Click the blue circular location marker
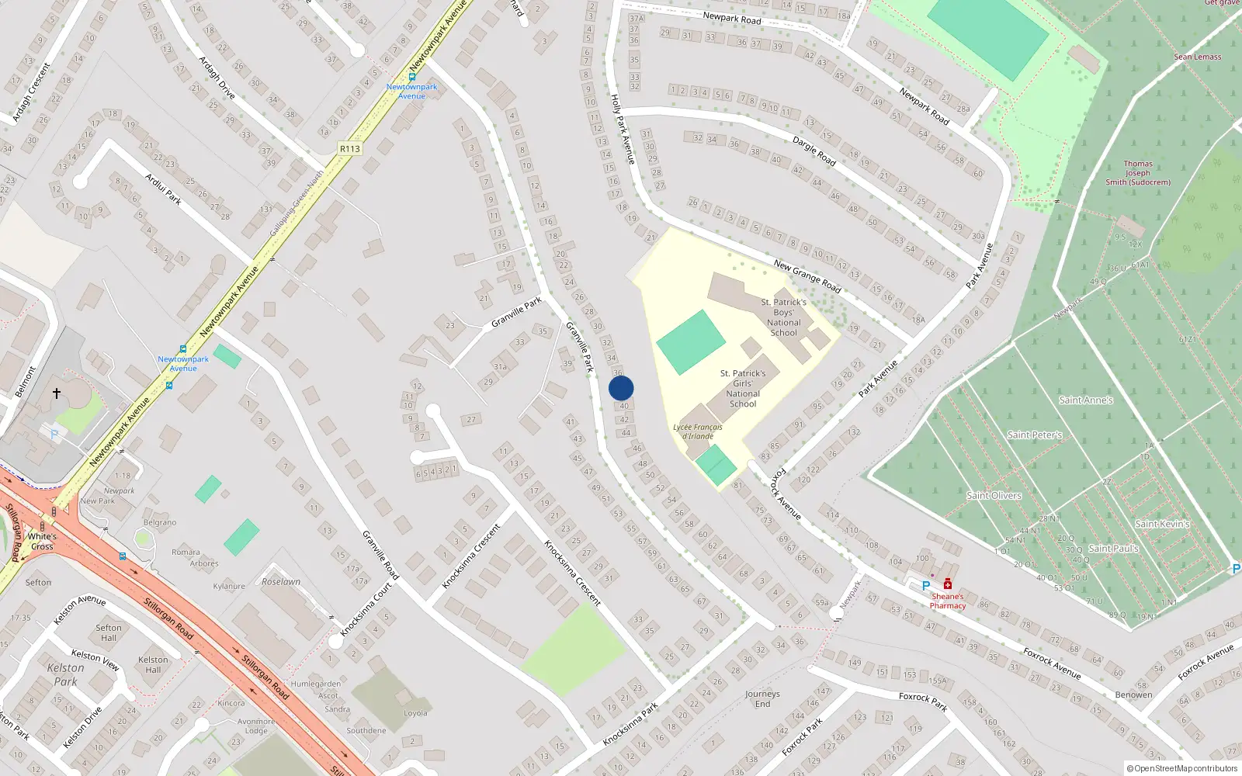(x=621, y=388)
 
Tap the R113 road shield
(x=350, y=148)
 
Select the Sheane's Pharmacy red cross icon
(x=948, y=584)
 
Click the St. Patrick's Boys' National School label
(x=783, y=317)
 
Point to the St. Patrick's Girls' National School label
(x=743, y=388)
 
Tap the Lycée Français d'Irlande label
(x=697, y=431)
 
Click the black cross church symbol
(x=57, y=393)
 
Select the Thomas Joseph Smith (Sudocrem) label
(x=1138, y=173)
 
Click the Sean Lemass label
(x=1197, y=57)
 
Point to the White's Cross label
(x=42, y=541)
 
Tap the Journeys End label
(x=762, y=699)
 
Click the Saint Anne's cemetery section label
(x=1085, y=400)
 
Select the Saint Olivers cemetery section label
(x=994, y=495)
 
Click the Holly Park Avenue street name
(x=623, y=129)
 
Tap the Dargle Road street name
(x=814, y=151)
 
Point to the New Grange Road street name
(x=807, y=276)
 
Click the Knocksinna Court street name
(x=366, y=610)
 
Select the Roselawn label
(x=281, y=581)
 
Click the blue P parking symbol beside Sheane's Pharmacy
(x=925, y=586)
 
